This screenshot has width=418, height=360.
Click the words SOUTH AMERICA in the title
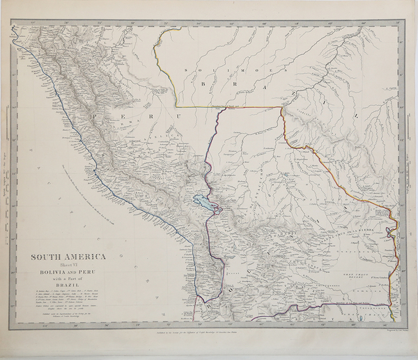pyautogui.click(x=68, y=256)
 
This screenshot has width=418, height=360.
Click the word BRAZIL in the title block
pyautogui.click(x=68, y=287)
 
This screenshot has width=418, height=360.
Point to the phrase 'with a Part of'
pyautogui.click(x=68, y=280)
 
